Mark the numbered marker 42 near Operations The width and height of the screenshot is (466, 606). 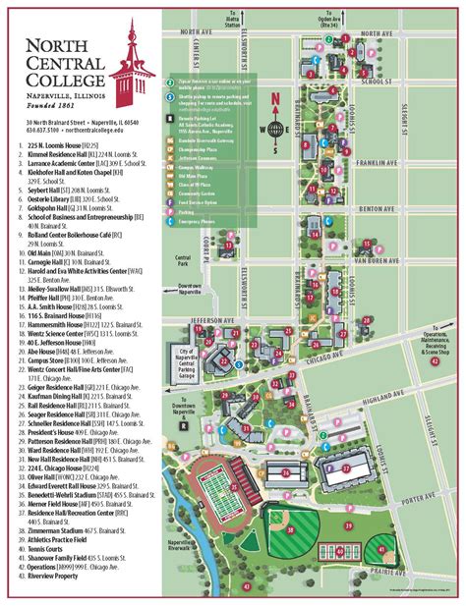point(436,360)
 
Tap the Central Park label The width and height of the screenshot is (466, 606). point(181,259)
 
